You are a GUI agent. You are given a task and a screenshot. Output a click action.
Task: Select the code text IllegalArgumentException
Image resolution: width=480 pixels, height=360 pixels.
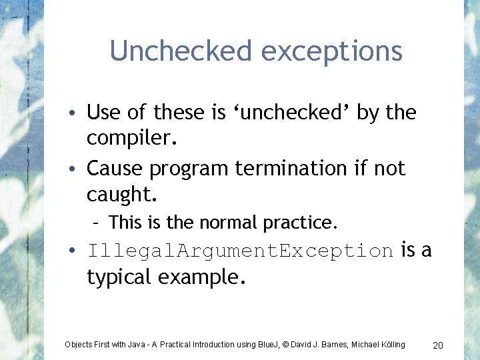point(240,251)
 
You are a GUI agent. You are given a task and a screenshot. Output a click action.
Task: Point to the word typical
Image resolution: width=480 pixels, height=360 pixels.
point(119,277)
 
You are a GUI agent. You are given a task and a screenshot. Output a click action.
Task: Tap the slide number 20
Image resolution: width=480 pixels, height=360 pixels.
point(438,345)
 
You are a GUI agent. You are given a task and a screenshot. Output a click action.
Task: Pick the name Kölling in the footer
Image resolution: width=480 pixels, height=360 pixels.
point(390,345)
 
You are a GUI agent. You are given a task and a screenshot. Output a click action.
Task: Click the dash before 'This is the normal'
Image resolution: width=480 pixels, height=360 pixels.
point(98,221)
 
